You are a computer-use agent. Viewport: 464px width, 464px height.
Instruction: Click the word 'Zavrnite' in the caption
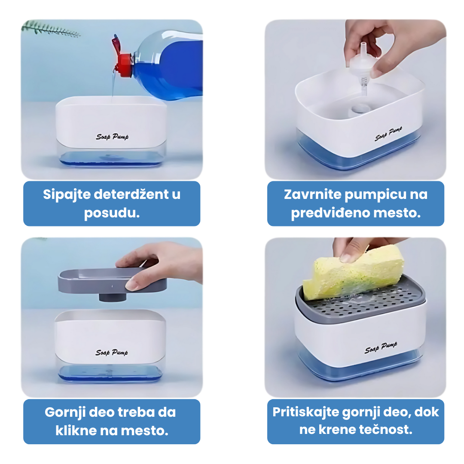point(312,195)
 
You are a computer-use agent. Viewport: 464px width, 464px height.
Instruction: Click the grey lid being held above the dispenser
point(112,281)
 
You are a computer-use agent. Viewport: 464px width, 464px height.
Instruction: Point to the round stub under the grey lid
point(113,297)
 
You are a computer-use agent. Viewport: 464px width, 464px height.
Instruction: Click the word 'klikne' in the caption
point(76,430)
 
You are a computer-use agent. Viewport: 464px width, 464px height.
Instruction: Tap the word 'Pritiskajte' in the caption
point(306,412)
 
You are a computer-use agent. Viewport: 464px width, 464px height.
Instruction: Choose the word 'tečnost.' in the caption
point(385,430)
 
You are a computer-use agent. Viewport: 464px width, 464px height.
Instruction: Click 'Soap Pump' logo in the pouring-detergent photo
point(112,137)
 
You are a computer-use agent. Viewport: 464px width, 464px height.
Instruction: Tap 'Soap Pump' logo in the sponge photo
point(381,348)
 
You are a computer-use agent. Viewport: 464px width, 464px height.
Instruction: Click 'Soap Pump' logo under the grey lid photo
point(112,352)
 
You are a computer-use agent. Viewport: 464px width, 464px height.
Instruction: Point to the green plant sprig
point(50,29)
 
